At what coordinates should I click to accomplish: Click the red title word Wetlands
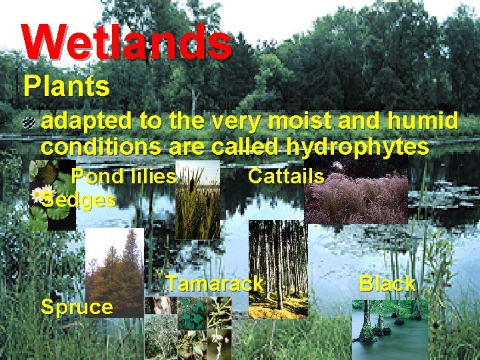(127, 41)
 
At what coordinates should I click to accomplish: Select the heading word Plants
(66, 87)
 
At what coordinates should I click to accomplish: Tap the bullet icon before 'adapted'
(30, 122)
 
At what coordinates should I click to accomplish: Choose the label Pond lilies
(123, 177)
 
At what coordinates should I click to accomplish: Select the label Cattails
(285, 177)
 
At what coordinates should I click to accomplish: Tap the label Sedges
(78, 199)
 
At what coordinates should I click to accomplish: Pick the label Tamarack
(215, 284)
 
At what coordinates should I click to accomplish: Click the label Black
(387, 284)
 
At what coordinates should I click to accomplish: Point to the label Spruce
(77, 307)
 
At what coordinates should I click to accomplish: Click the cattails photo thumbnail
(197, 200)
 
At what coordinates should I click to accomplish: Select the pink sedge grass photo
(357, 193)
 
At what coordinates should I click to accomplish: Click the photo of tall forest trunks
(278, 267)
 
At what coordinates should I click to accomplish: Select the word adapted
(87, 122)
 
